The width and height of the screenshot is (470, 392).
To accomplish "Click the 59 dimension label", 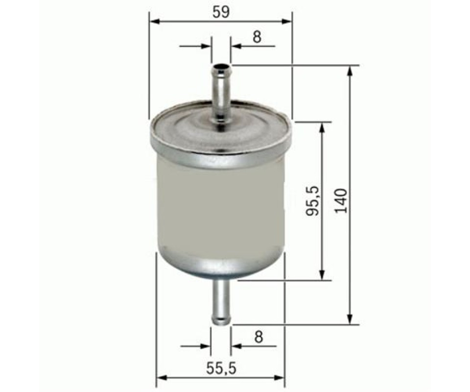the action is tap(221, 12).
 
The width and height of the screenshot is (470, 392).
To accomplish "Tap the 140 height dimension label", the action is tap(341, 200).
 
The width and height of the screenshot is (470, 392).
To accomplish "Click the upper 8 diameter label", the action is tap(257, 37).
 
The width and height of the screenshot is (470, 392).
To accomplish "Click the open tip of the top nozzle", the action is tap(221, 67).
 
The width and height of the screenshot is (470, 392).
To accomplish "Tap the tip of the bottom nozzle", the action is tap(221, 321).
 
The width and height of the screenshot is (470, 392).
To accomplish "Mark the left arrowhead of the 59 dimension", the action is tap(154, 21).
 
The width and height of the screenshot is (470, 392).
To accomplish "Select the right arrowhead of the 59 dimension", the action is tap(286, 21).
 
